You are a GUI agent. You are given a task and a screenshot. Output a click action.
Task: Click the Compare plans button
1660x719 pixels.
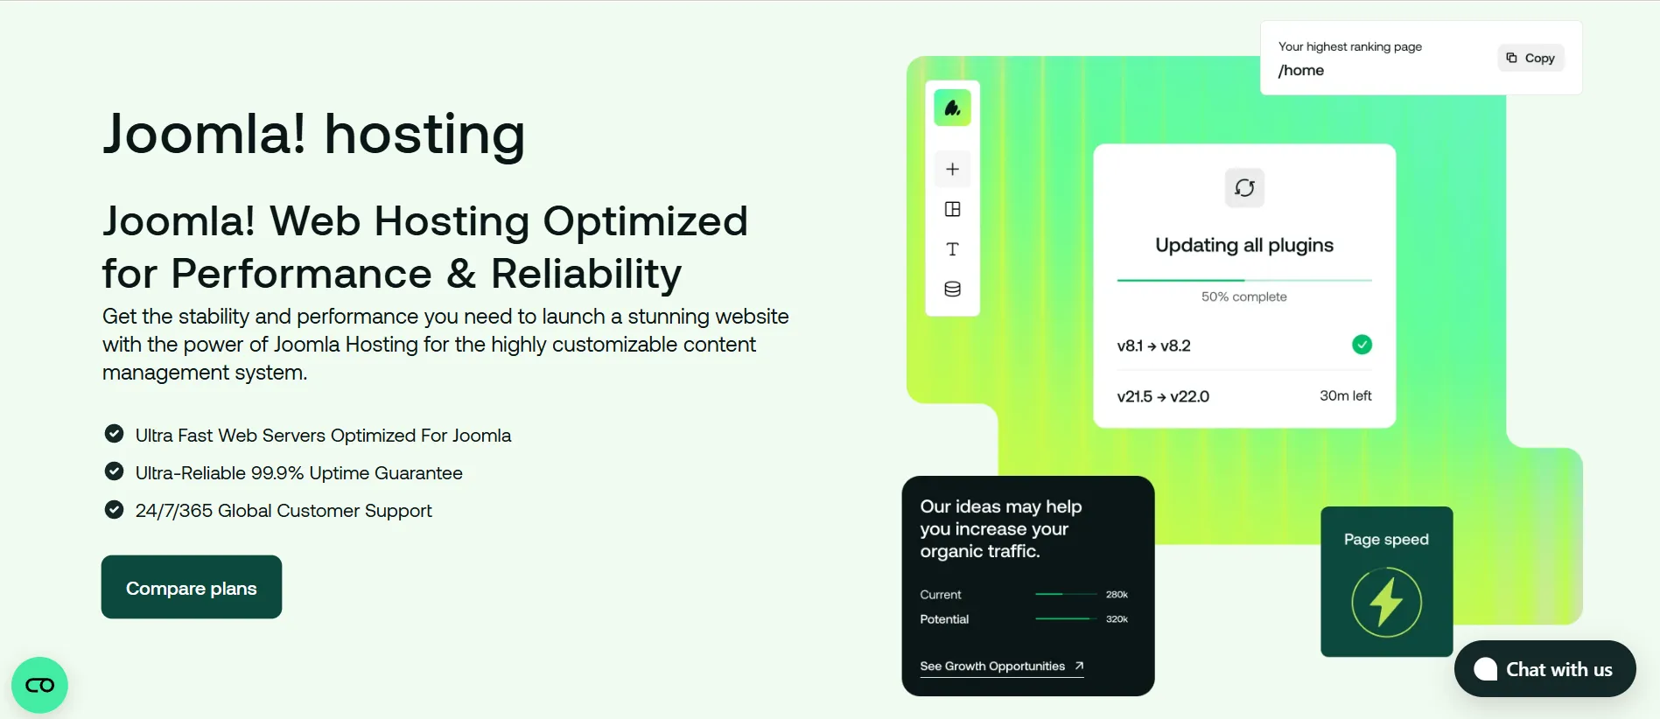192,587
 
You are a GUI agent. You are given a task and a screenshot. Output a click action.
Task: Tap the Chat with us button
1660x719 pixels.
1544,669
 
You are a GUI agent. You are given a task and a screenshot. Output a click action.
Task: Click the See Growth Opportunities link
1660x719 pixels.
1002,667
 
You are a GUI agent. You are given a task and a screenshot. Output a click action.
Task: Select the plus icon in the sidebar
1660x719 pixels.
953,169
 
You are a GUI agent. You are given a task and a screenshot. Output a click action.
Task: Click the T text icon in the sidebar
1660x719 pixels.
953,249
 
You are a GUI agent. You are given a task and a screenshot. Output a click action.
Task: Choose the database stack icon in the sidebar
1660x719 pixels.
953,289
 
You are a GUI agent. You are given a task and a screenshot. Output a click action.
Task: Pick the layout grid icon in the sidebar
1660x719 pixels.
953,209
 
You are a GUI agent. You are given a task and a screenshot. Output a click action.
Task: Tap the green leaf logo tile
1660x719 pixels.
953,108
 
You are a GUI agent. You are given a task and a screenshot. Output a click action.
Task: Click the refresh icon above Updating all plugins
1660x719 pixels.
1244,188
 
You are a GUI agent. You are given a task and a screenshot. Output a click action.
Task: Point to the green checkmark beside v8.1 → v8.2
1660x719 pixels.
1362,345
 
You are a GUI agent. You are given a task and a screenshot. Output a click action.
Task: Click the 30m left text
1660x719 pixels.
1345,395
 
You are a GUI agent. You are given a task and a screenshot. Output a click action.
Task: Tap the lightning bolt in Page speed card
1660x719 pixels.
1386,602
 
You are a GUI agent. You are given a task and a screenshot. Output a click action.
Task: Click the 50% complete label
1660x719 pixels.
1243,297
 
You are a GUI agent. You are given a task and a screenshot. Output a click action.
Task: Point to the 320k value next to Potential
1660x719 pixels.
1117,619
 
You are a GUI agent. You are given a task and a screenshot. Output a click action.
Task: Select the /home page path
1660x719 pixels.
1300,70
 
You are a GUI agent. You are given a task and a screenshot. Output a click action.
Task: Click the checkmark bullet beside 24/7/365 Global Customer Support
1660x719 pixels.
114,509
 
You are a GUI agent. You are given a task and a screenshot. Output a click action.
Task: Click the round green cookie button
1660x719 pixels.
39,685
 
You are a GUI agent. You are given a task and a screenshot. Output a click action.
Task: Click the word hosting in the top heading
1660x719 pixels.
424,135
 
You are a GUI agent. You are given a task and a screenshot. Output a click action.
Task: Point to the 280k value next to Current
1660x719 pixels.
1117,595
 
